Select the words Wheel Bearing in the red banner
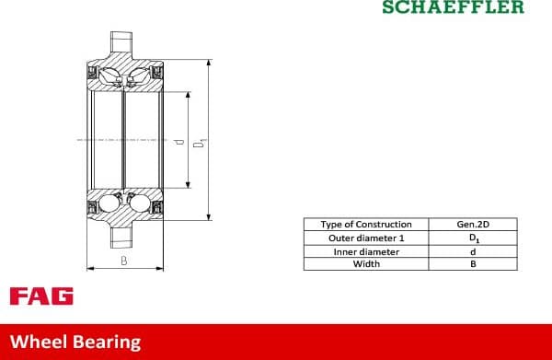pyautogui.click(x=75, y=342)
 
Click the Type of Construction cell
pyautogui.click(x=365, y=225)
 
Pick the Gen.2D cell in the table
pyautogui.click(x=473, y=225)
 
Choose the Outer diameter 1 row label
pyautogui.click(x=365, y=238)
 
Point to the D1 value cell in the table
pyautogui.click(x=473, y=238)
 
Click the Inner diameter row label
pyautogui.click(x=365, y=251)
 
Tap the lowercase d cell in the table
pyautogui.click(x=473, y=251)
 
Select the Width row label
pyautogui.click(x=365, y=264)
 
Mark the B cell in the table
pyautogui.click(x=473, y=264)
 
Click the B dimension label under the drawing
pyautogui.click(x=124, y=261)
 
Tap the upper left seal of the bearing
pyautogui.click(x=92, y=71)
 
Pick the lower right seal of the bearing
pyautogui.click(x=156, y=207)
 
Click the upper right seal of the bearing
pyautogui.click(x=156, y=71)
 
